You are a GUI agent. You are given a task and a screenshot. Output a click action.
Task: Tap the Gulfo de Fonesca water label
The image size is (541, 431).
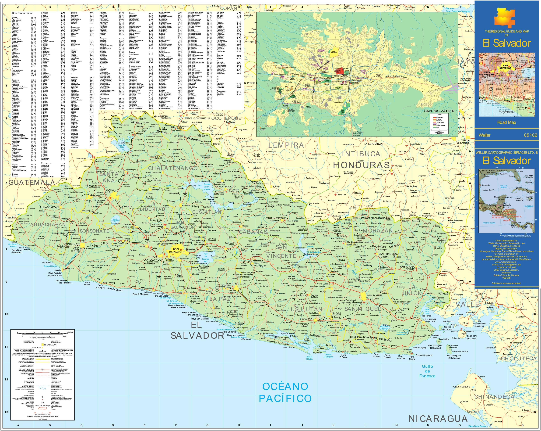[x=427, y=371]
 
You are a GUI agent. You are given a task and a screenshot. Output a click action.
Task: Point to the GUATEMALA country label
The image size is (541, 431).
[x=32, y=182]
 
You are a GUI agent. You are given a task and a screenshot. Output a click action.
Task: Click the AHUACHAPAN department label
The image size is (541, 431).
[x=48, y=224]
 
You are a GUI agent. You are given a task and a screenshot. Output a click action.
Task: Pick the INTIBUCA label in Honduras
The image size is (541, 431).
[x=361, y=154]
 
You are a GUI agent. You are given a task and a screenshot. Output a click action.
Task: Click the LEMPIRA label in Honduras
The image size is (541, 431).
[x=286, y=145]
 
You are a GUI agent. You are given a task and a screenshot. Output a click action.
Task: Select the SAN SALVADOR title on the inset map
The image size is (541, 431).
[x=439, y=111]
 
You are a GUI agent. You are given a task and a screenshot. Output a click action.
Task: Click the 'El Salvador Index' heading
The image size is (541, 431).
[x=22, y=13]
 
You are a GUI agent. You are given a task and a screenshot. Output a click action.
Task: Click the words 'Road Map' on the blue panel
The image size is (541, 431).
[x=507, y=122]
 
